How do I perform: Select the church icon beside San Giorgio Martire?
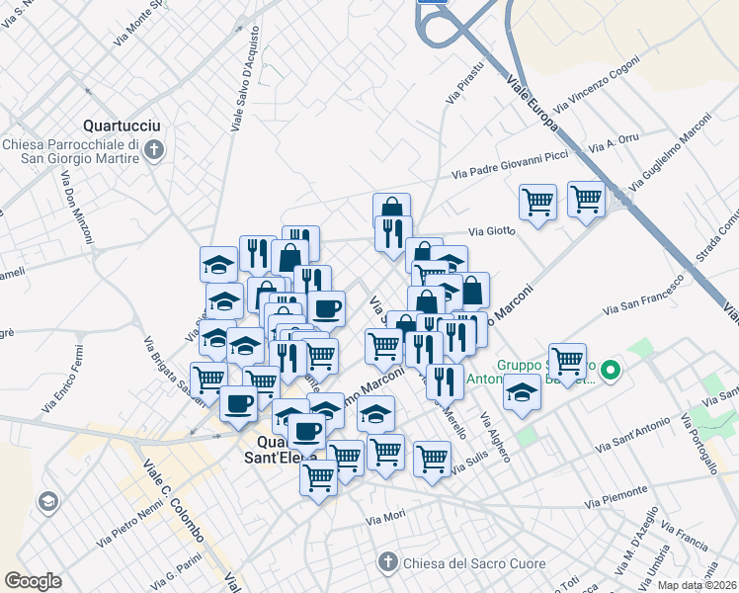(153, 150)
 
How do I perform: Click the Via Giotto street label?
(493, 231)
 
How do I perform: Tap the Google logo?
(33, 581)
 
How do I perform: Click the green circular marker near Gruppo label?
(611, 372)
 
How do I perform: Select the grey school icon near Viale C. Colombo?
(46, 502)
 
